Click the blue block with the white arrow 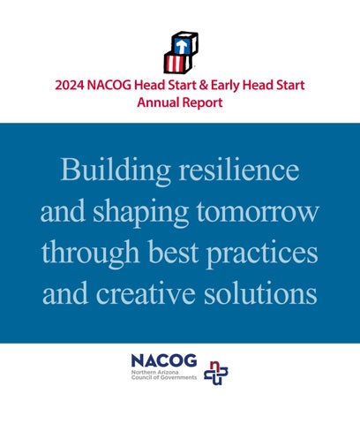184,43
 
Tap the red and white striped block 177,63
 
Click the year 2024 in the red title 70,86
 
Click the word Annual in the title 158,102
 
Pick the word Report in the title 202,103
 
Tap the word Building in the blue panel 116,170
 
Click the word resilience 239,170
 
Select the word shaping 141,214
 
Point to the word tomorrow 258,213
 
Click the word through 90,254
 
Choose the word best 173,252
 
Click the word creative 146,294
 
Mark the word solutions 260,293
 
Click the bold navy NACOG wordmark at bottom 164,360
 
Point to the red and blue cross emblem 216,373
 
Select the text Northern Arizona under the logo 154,372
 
